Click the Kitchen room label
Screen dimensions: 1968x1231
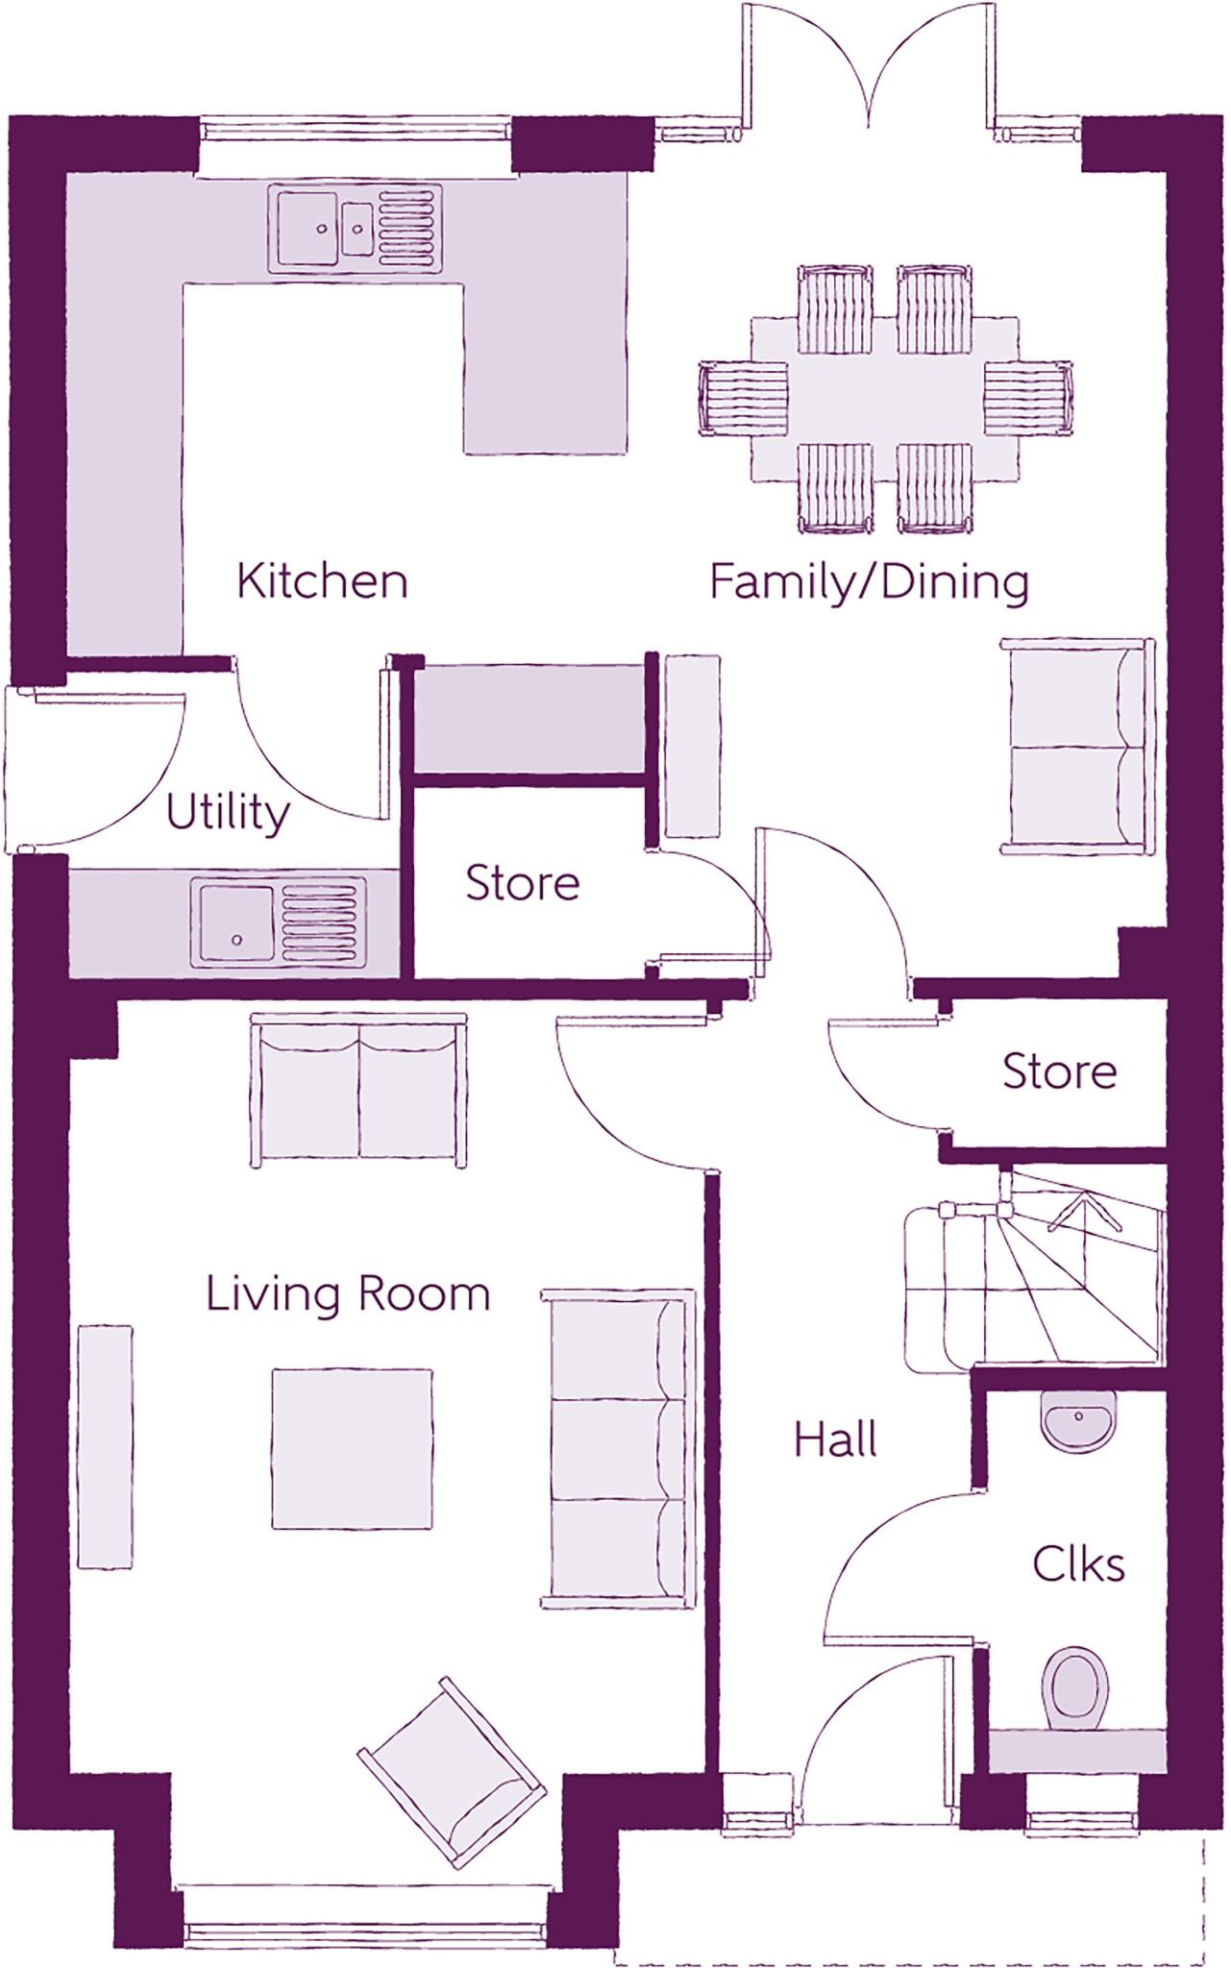coord(322,581)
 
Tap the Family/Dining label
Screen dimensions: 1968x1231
coord(869,581)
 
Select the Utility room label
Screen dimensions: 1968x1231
coord(227,813)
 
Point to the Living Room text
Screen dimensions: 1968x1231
coord(348,1294)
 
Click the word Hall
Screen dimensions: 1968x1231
coord(835,1439)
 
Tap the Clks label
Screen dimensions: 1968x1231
coord(1078,1564)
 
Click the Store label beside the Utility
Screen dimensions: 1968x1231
coord(522,883)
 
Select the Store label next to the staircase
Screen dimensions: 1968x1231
coord(1059,1070)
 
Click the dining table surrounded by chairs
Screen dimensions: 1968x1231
coord(883,399)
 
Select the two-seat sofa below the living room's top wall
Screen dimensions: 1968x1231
coord(358,1090)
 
